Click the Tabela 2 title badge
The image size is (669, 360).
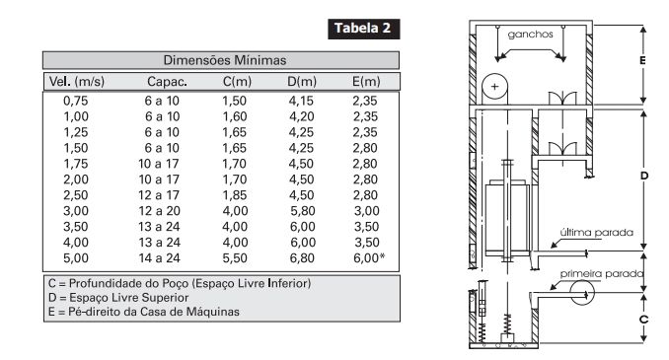click(363, 29)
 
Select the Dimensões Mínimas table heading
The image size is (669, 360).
click(224, 60)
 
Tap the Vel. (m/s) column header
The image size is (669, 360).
click(77, 82)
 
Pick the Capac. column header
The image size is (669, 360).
click(167, 82)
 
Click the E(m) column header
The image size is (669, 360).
click(366, 82)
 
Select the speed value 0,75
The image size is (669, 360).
click(76, 101)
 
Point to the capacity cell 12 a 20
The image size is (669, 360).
click(159, 211)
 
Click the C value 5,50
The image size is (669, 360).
click(234, 258)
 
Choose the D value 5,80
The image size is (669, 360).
click(302, 211)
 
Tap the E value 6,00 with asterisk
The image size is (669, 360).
click(369, 257)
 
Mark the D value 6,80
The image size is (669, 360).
click(302, 258)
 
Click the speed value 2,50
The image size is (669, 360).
click(76, 195)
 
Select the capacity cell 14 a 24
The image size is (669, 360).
click(159, 258)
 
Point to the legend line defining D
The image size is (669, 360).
click(118, 297)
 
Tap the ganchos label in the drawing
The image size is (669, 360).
click(530, 35)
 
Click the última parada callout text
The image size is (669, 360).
click(596, 233)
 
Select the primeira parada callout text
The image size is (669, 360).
click(602, 273)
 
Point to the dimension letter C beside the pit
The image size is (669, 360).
click(643, 319)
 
